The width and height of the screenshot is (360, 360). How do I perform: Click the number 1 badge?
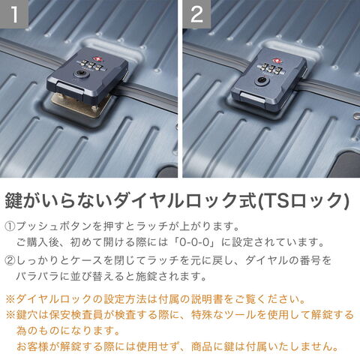pyautogui.click(x=14, y=13)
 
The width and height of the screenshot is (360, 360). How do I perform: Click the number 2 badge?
pyautogui.click(x=196, y=13)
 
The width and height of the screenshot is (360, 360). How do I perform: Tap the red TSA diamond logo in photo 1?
pyautogui.click(x=96, y=59)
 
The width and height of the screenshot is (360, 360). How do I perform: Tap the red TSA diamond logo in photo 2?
pyautogui.click(x=277, y=61)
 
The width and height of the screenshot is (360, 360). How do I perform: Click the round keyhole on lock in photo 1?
pyautogui.click(x=80, y=73)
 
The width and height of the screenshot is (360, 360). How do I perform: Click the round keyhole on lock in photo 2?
pyautogui.click(x=261, y=80)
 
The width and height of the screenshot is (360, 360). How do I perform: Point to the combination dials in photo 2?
pyautogui.click(x=270, y=67)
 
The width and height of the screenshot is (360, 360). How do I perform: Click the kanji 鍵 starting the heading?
pyautogui.click(x=13, y=200)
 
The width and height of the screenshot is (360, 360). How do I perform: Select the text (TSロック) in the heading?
pyautogui.click(x=303, y=200)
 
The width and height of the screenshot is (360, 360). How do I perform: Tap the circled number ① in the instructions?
pyautogui.click(x=10, y=226)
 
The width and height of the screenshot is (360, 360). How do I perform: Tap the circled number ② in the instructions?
pyautogui.click(x=10, y=261)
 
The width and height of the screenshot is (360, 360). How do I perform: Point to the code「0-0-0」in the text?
pyautogui.click(x=195, y=242)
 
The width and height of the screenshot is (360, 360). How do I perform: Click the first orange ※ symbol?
pyautogui.click(x=10, y=299)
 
